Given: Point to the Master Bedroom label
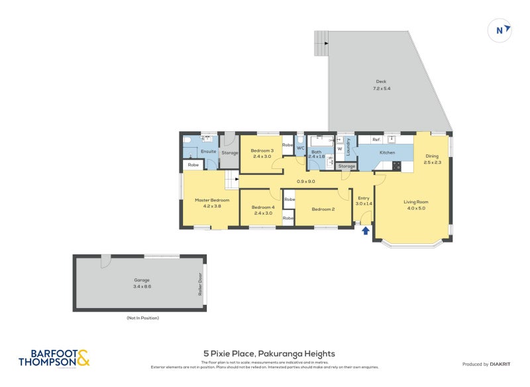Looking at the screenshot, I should (x=212, y=203).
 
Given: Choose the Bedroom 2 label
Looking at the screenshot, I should (x=323, y=209).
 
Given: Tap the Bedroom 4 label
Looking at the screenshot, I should (x=262, y=211).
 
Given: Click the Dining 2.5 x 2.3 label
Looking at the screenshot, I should (x=432, y=159).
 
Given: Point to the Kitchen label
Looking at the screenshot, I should (x=387, y=152).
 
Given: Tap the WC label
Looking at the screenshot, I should (x=300, y=148).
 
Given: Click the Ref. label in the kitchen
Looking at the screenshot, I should (x=376, y=139).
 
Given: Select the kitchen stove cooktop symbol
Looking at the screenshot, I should (x=397, y=165).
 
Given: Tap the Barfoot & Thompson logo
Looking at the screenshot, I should (x=54, y=359).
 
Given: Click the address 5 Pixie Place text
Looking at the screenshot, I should (x=269, y=354).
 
